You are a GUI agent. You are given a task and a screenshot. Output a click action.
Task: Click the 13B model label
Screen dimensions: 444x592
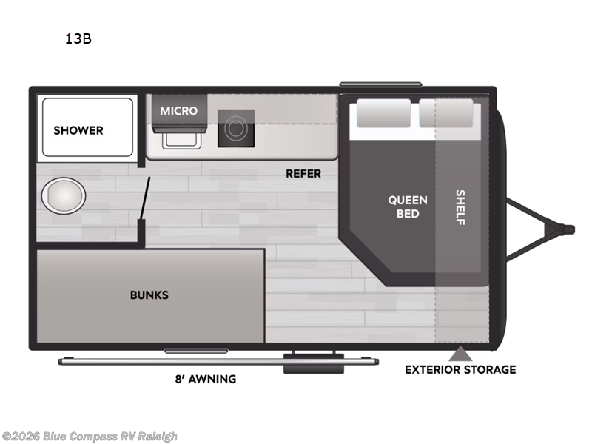click(78, 40)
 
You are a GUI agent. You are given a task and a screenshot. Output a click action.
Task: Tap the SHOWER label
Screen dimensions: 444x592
click(78, 130)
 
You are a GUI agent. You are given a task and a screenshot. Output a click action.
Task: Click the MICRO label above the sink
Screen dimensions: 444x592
click(179, 111)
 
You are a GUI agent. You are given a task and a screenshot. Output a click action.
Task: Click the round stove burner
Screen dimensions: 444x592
click(236, 129)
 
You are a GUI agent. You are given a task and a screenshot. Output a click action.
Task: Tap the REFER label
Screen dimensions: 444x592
click(303, 174)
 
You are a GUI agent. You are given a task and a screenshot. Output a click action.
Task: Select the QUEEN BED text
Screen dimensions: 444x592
click(408, 206)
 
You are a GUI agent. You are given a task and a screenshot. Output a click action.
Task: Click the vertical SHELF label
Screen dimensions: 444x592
click(460, 207)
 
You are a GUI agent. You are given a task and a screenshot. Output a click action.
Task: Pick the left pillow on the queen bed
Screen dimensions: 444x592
click(383, 114)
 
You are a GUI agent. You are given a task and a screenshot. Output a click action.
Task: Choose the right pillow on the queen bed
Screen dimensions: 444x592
click(445, 114)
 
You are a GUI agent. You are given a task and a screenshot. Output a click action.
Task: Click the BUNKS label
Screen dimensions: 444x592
click(149, 295)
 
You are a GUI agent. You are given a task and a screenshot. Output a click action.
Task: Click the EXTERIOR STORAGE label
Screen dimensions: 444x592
click(460, 369)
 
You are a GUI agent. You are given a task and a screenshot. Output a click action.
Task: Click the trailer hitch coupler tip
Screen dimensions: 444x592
click(568, 229)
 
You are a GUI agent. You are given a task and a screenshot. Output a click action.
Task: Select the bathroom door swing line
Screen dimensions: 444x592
click(147, 198)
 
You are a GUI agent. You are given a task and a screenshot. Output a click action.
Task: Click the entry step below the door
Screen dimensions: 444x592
click(313, 363)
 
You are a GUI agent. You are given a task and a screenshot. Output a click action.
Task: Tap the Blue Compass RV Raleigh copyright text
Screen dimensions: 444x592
click(90, 437)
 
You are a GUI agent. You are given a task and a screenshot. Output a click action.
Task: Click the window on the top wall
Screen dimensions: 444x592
click(380, 84)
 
